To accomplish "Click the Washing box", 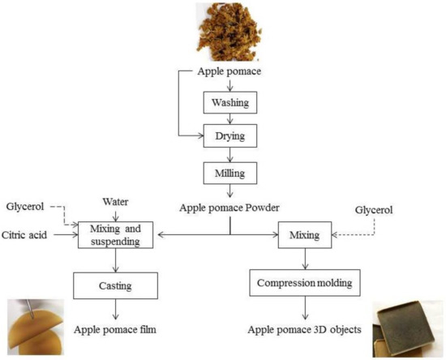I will click(x=229, y=103).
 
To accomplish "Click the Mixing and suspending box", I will click(x=117, y=234).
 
